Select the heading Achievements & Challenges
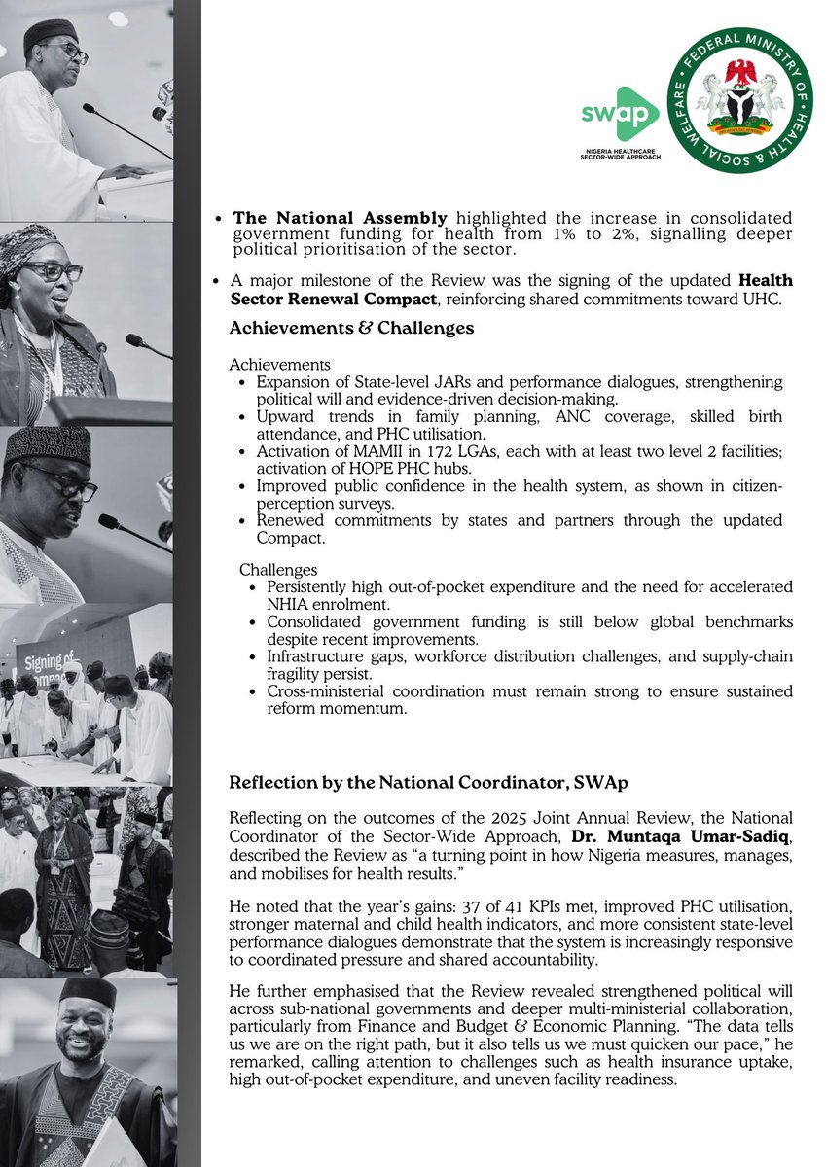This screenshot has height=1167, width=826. (351, 329)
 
